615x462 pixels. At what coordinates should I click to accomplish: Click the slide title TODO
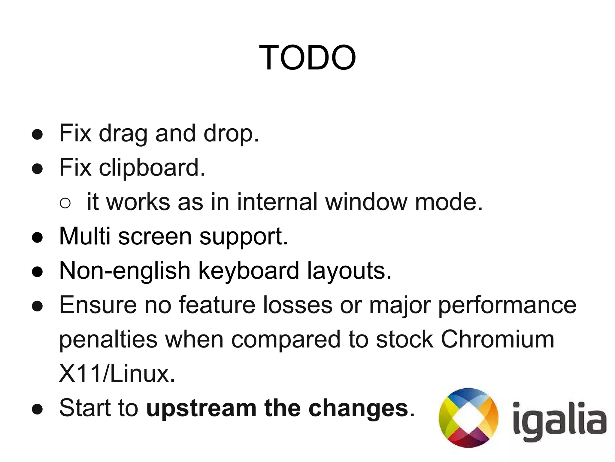point(307,57)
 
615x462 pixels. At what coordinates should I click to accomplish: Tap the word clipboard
point(152,167)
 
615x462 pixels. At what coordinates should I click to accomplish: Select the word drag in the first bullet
point(123,133)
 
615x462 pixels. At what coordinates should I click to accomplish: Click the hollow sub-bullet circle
point(65,203)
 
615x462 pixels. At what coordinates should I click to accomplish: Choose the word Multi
point(85,236)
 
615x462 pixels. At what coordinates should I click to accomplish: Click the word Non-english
point(125,271)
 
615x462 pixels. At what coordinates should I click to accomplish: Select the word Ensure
point(98,305)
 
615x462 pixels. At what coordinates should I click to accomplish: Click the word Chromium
point(497,339)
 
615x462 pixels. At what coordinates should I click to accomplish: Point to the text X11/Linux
point(117,374)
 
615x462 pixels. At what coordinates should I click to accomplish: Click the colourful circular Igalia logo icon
point(468,418)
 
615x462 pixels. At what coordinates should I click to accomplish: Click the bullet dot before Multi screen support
point(38,237)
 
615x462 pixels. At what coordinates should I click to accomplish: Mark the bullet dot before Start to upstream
point(38,409)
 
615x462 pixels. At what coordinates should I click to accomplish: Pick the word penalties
point(108,339)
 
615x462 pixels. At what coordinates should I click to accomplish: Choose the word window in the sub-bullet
point(366,202)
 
